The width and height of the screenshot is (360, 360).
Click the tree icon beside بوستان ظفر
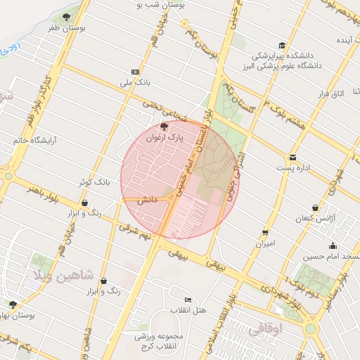66,17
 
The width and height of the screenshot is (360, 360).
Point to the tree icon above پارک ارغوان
165,127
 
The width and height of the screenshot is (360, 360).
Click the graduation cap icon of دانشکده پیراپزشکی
282,44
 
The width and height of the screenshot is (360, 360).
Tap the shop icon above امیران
265,232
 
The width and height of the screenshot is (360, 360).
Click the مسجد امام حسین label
333,257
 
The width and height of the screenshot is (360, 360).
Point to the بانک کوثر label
94,182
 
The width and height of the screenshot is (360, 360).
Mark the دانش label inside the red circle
146,200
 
